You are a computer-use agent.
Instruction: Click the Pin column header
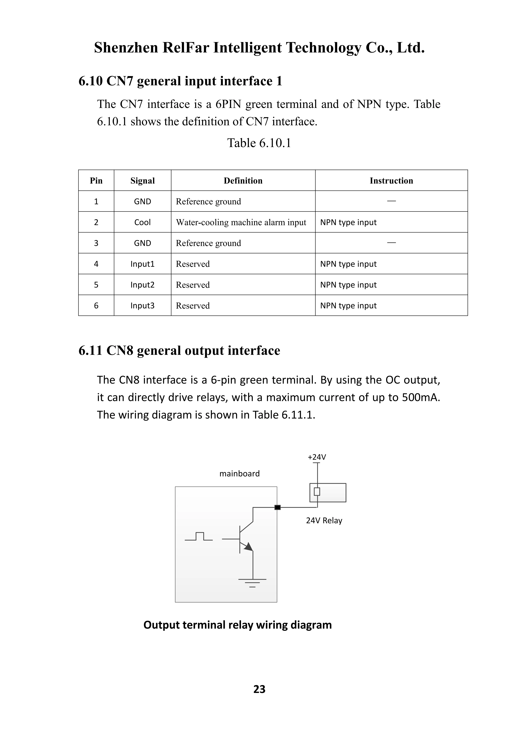pyautogui.click(x=96, y=181)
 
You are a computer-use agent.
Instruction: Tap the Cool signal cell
pyautogui.click(x=143, y=222)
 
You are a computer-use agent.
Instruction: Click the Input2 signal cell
pyautogui.click(x=143, y=284)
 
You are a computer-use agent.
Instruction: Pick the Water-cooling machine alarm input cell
pyautogui.click(x=241, y=222)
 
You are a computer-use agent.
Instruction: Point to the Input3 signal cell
pyautogui.click(x=143, y=306)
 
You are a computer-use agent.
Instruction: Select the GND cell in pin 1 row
pyautogui.click(x=143, y=201)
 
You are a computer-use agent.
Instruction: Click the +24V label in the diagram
pyautogui.click(x=317, y=457)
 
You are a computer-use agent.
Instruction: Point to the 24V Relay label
pyautogui.click(x=324, y=521)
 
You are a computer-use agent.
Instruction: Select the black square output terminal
pyautogui.click(x=277, y=507)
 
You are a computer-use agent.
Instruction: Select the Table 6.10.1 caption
pyautogui.click(x=259, y=143)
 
